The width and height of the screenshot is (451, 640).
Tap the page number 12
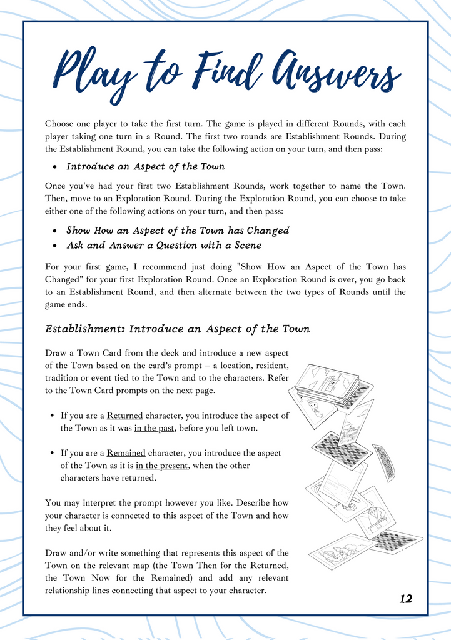405,599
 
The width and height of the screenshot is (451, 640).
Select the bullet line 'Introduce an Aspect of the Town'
145,167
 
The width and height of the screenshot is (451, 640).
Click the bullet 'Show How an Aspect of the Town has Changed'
178,231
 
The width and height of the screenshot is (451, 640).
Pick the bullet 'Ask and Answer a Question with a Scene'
164,246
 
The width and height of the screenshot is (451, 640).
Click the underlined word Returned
124,416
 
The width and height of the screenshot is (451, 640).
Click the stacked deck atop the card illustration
327,382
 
